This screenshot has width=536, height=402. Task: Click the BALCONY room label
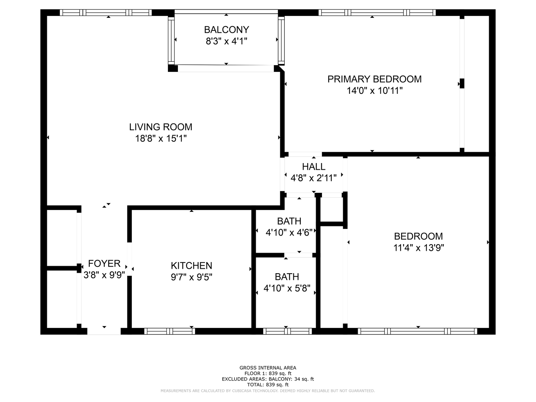point(226,30)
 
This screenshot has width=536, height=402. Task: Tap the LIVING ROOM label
point(161,127)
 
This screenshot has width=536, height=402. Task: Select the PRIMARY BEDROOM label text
point(374,79)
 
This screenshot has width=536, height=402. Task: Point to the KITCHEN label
point(191,265)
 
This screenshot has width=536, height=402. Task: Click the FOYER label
point(104,264)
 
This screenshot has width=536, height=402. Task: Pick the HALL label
point(313,167)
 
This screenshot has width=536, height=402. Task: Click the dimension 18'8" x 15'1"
point(161,138)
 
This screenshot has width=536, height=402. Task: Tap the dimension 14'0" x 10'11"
point(374,91)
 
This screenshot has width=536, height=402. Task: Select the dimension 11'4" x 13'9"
point(418,248)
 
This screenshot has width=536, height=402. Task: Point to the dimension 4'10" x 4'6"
point(289,233)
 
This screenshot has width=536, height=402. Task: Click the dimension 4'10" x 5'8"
point(287,288)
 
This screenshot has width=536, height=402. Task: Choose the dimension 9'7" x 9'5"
point(191,277)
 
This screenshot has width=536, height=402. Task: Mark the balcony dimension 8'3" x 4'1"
point(226,41)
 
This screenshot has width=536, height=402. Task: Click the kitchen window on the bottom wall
point(169,331)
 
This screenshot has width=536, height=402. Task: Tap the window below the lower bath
point(287,331)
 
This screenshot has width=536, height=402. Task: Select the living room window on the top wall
point(106,13)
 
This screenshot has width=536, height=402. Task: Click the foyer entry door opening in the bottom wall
point(104,331)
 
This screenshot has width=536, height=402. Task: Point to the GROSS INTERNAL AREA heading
point(268,368)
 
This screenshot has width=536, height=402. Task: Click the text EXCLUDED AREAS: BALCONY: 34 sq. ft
point(268,379)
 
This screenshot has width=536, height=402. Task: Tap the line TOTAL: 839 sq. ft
point(268,385)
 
